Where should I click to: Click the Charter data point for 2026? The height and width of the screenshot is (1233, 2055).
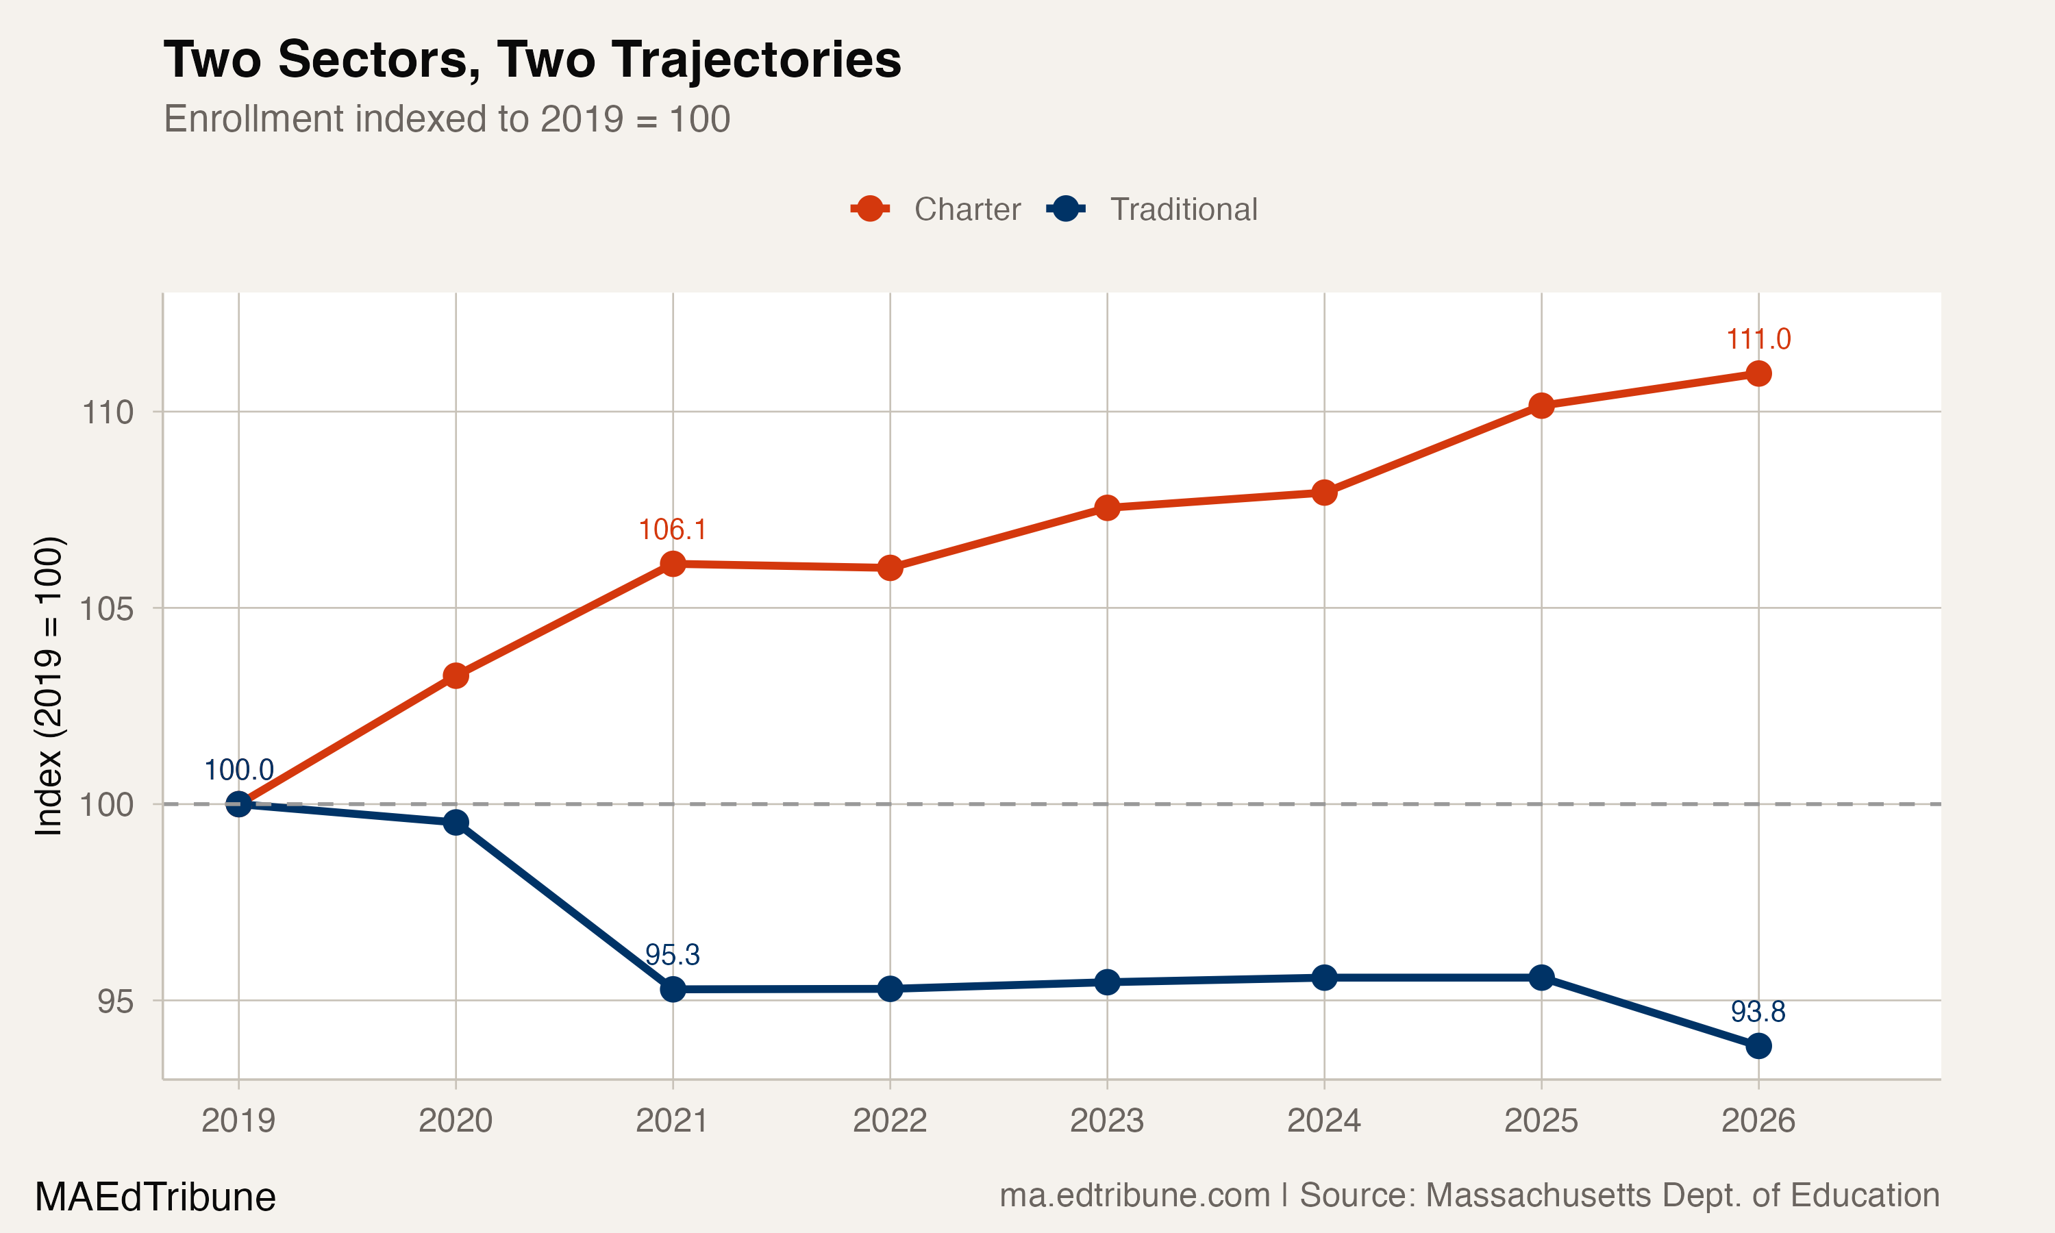(1758, 374)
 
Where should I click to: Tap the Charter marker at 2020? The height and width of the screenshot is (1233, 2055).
(456, 675)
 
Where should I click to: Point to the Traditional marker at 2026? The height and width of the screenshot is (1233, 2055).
(1758, 1046)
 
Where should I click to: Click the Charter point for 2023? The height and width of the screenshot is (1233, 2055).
(1107, 508)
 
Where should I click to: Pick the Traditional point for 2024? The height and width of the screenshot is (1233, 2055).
(1324, 978)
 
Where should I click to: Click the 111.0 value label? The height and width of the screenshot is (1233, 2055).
(1758, 339)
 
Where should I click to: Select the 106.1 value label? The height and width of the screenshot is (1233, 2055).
(672, 530)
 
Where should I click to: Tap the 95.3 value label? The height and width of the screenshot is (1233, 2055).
(672, 955)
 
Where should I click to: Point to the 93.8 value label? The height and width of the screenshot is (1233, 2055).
(1758, 1011)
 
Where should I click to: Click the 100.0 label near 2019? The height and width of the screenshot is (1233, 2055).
(238, 770)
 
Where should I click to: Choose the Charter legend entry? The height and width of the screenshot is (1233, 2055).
(937, 210)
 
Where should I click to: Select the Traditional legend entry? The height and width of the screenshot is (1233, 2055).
(1153, 210)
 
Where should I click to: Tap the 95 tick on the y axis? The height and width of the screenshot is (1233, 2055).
(114, 1002)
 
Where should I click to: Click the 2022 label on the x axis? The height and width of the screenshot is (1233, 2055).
(890, 1121)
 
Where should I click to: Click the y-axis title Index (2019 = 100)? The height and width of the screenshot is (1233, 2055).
(48, 686)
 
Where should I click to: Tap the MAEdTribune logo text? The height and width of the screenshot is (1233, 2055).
(155, 1197)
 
